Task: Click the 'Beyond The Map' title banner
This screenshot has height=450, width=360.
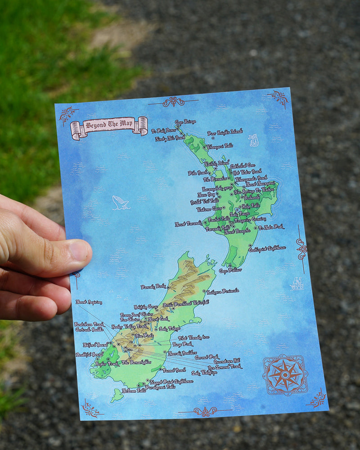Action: (x=109, y=126)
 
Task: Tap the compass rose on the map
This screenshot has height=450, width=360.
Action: (x=285, y=375)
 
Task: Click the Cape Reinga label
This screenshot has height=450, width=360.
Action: (x=185, y=122)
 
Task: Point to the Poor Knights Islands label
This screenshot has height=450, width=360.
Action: (x=225, y=132)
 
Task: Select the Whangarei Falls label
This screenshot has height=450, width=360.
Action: (x=220, y=146)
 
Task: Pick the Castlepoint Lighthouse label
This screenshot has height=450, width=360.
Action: (x=267, y=248)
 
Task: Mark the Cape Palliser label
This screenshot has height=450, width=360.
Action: (x=230, y=270)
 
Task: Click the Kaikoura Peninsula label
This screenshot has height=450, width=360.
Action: (x=224, y=292)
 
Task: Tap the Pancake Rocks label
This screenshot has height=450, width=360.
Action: (x=154, y=286)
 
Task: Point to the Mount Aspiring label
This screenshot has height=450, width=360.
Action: (x=89, y=302)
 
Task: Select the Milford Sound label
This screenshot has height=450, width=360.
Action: (x=96, y=345)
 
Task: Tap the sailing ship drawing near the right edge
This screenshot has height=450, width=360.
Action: (x=296, y=283)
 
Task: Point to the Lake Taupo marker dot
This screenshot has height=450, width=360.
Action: (x=237, y=210)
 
